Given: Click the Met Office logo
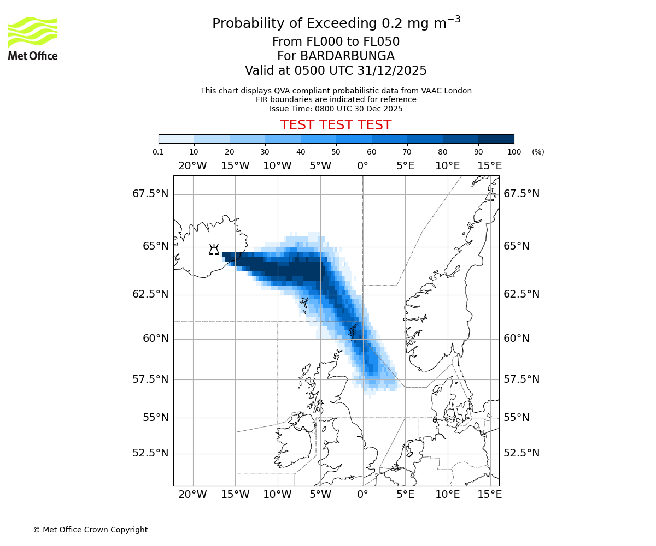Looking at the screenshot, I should coord(33,38).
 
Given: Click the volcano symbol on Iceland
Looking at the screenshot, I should coord(214,250).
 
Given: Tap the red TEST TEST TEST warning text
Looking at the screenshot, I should coord(336,125).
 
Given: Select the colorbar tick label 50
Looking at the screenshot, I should coord(336,152).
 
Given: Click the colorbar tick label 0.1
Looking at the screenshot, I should coord(159,152).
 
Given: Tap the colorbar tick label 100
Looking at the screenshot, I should coord(514,152).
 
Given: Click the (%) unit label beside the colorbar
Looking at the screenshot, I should coord(538,152).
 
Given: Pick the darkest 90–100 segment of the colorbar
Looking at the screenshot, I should coord(496,139).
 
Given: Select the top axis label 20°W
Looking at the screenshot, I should coord(192,166).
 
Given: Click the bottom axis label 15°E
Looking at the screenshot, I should coord(490,495).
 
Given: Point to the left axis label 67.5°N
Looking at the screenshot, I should coord(150,194).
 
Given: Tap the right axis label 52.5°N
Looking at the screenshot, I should coord(522,453).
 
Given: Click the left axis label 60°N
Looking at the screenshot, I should coord(156,339).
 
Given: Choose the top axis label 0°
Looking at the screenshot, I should coord(362,166).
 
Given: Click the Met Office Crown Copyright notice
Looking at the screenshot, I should coord(90,530).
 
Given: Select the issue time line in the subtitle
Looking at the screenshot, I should coord(336,109).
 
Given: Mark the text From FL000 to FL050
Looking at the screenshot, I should coord(336,42).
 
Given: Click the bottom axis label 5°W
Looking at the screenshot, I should coord(320,495).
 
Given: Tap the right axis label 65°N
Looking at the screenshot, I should coord(517,246).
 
